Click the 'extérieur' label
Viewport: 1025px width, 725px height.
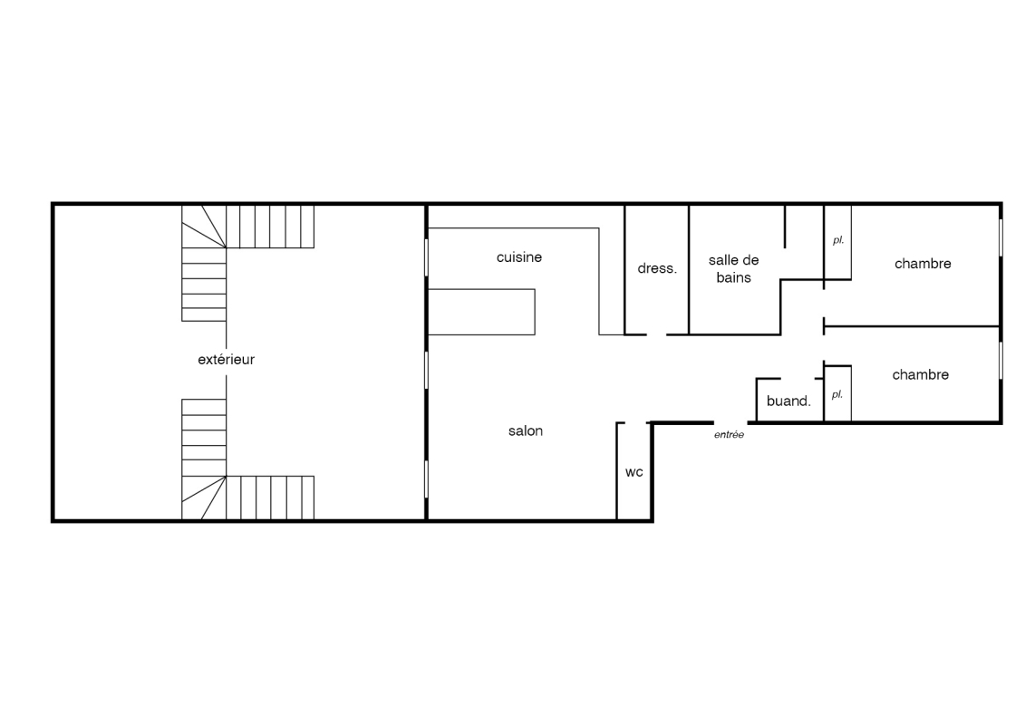227,360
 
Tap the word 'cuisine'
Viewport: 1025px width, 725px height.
519,257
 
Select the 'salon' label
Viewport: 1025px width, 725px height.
526,430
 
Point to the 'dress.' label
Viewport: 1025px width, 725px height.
657,268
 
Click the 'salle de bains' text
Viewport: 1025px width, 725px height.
733,268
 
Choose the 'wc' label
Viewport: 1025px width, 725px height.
634,472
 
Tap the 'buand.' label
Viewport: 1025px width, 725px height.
788,401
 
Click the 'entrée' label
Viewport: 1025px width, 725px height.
729,435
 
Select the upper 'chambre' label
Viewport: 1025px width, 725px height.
923,264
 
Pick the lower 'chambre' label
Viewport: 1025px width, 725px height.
921,374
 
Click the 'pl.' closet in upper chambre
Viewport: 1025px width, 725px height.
837,242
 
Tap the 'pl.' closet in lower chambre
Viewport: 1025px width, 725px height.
837,393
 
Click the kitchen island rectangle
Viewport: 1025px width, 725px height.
481,312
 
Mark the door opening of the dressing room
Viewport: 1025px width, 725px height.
657,334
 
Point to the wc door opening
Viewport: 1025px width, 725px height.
634,423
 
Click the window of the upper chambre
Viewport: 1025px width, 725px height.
1001,237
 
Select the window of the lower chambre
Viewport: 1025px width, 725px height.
1001,360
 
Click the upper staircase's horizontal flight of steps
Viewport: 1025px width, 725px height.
270,227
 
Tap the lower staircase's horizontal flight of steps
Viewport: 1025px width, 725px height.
270,498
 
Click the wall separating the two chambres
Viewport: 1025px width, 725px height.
912,325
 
